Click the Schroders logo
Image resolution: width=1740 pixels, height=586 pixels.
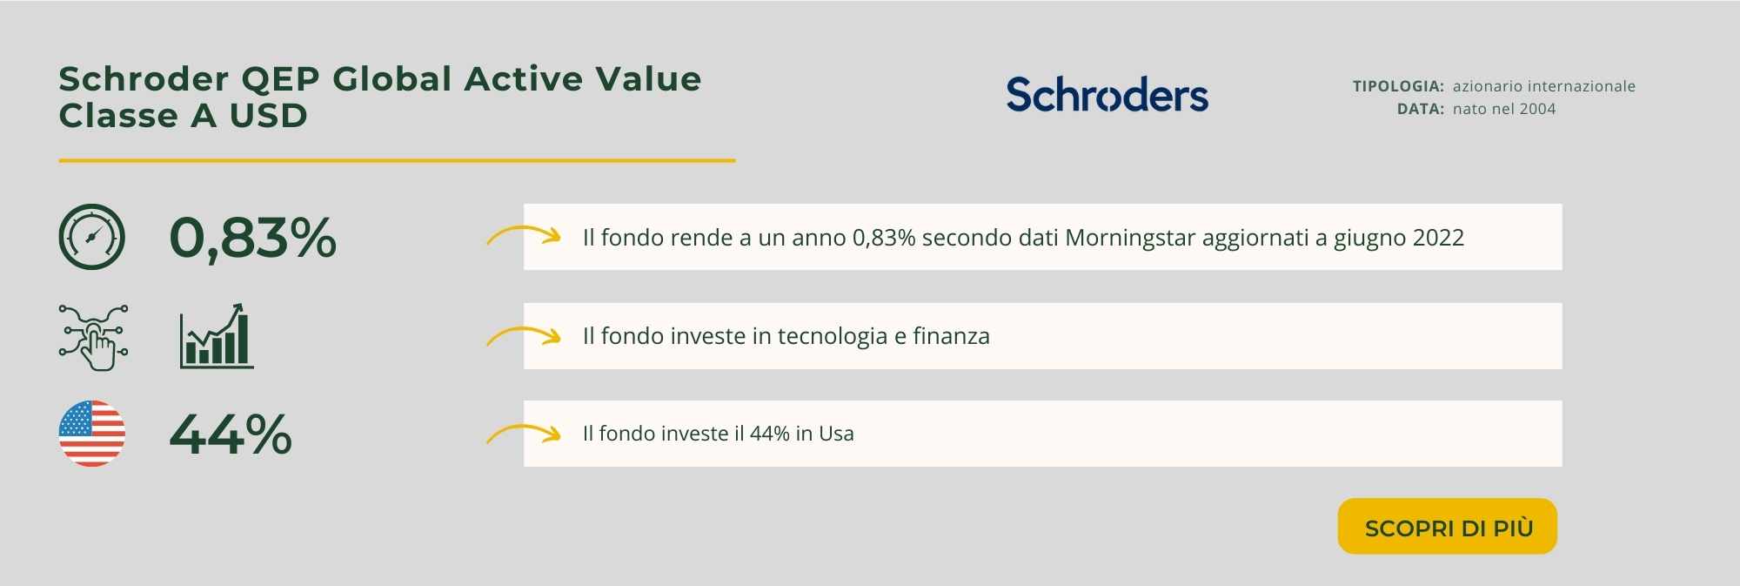[x=1107, y=95]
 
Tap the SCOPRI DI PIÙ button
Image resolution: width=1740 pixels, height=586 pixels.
[x=1448, y=527]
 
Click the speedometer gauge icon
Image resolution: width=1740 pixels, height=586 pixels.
[x=92, y=237]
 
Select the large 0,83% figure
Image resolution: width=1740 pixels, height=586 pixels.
[x=252, y=238]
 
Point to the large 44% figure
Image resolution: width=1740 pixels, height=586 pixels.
[x=231, y=434]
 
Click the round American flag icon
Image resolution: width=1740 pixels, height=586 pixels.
[x=92, y=434]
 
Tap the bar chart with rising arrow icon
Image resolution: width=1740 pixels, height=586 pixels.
[x=217, y=336]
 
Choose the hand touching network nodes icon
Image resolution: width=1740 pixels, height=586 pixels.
[x=94, y=338]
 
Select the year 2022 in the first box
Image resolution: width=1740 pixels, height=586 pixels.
[x=1439, y=238]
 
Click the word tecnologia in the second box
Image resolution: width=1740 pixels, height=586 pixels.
[x=833, y=336]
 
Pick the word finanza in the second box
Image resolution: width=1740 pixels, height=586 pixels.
[x=951, y=335]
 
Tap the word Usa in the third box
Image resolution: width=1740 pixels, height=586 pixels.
[x=836, y=434]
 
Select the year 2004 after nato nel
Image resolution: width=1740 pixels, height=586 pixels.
[x=1537, y=109]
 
